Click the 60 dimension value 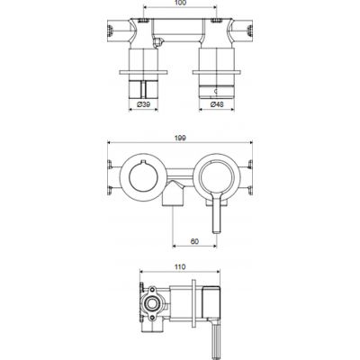coord(193,240)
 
